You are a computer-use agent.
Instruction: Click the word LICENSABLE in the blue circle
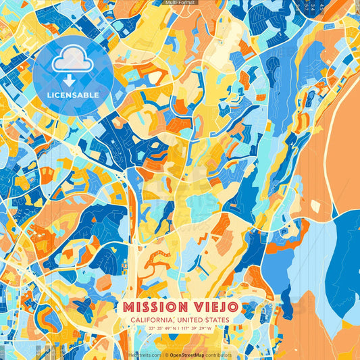pyautogui.click(x=72, y=95)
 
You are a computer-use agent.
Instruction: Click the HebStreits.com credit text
pyautogui.click(x=145, y=355)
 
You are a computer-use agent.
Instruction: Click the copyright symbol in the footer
pyautogui.click(x=165, y=355)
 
